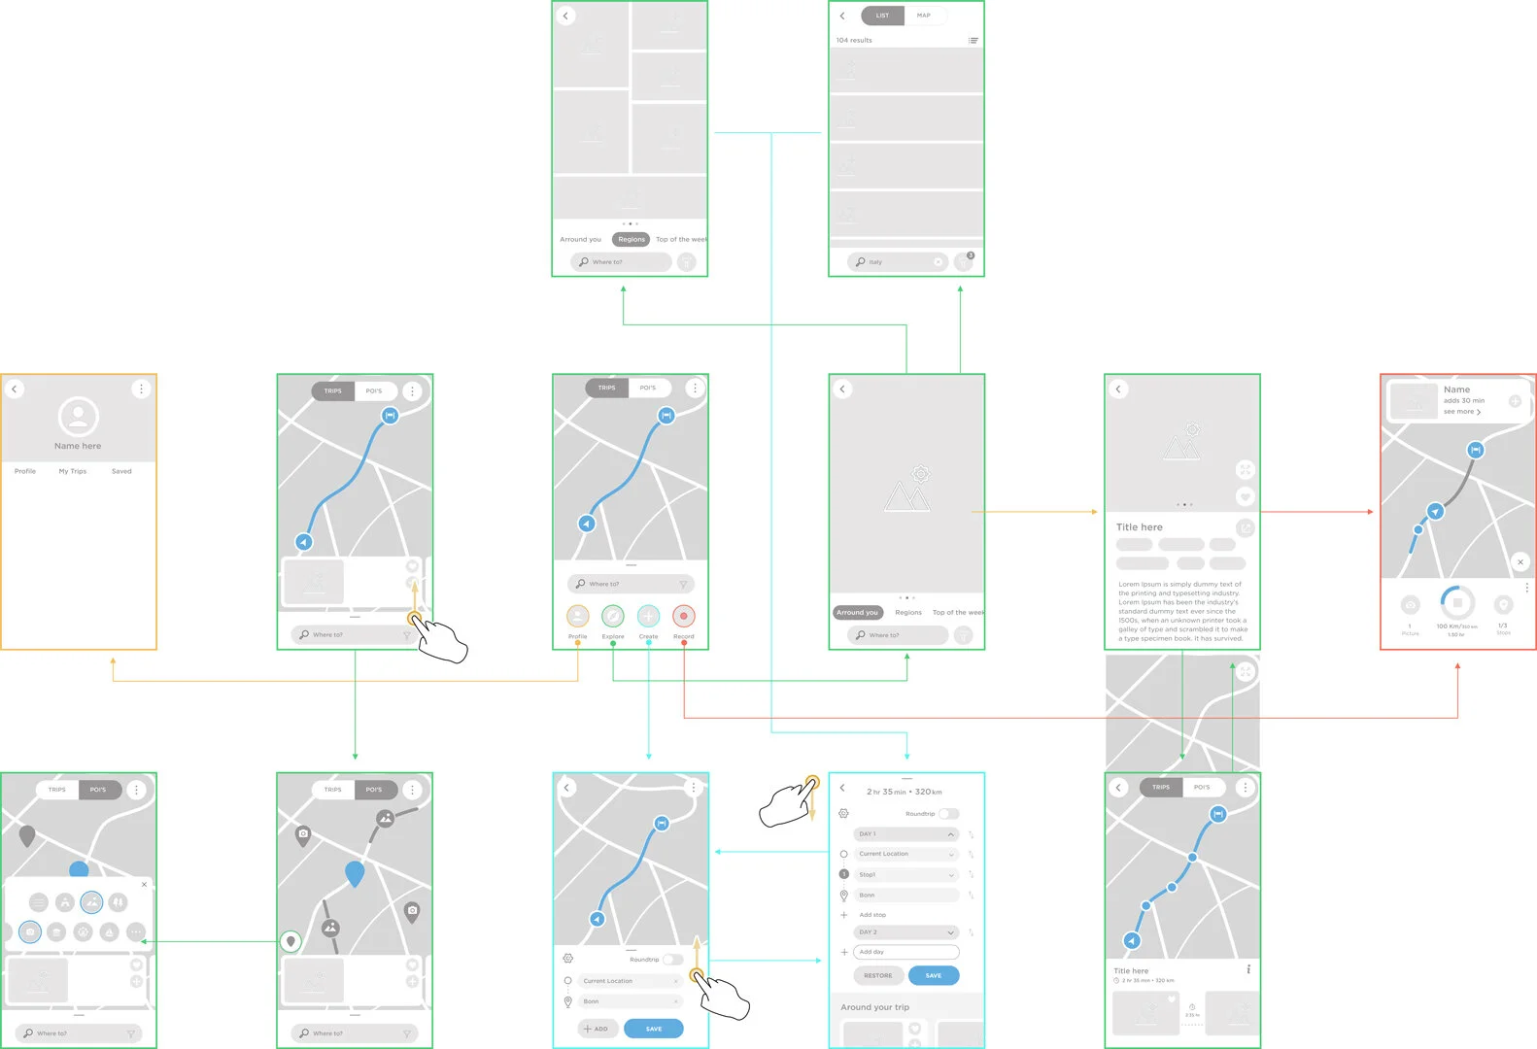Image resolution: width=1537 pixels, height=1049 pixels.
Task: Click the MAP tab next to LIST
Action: (x=923, y=16)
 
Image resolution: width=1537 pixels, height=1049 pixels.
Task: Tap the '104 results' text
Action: (x=854, y=40)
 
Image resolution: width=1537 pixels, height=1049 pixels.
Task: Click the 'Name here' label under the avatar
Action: (x=78, y=446)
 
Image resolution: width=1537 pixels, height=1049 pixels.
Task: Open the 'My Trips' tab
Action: (x=72, y=471)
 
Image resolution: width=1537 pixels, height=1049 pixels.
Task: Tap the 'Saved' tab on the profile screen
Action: (x=121, y=471)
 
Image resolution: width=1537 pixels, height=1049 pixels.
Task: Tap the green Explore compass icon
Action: (x=613, y=616)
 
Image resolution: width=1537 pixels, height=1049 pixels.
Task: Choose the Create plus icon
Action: (x=648, y=616)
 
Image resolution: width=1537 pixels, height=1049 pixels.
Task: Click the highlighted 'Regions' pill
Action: (x=631, y=239)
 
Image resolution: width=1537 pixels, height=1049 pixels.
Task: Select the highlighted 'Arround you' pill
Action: (x=857, y=612)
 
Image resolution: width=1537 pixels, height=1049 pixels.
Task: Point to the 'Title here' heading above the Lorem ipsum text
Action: (x=1139, y=527)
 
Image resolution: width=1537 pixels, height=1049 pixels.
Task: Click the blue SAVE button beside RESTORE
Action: (x=933, y=975)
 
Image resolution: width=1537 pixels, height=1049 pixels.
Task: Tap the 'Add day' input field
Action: (x=905, y=952)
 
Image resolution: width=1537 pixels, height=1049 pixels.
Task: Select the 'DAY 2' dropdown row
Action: (x=905, y=931)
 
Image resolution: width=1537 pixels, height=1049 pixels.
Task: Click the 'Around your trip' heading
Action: (x=874, y=1007)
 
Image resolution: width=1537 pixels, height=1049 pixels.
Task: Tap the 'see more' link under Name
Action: (x=1461, y=412)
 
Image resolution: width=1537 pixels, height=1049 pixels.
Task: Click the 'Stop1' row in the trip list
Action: (x=905, y=874)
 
